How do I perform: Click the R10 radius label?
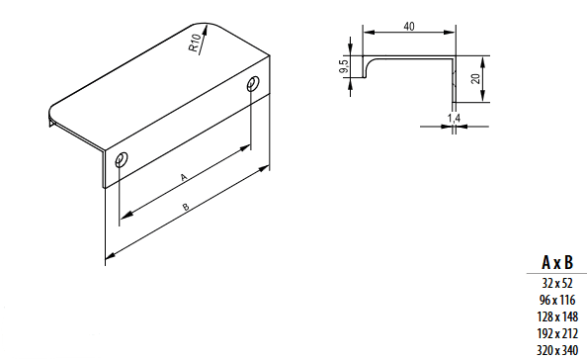[x=194, y=43]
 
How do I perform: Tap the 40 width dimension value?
[x=409, y=27]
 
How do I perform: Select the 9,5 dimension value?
[x=344, y=66]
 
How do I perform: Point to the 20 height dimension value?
[x=475, y=79]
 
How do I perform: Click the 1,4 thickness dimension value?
[x=454, y=119]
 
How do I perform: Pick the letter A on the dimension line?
[x=184, y=177]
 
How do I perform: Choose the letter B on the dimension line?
[x=186, y=207]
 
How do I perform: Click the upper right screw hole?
[x=253, y=83]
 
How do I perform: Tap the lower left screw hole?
[x=122, y=159]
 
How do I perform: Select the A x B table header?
[x=557, y=262]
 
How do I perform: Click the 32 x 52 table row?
[x=557, y=283]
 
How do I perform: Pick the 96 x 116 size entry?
[x=557, y=300]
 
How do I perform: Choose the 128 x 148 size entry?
[x=557, y=316]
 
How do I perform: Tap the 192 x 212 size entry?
[x=557, y=333]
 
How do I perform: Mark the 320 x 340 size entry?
[x=557, y=350]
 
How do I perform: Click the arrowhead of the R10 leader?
[x=205, y=31]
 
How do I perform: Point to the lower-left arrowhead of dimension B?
[x=110, y=256]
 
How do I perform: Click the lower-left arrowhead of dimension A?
[x=126, y=216]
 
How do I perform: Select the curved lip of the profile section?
[x=369, y=65]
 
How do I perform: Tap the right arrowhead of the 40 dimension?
[x=450, y=33]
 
